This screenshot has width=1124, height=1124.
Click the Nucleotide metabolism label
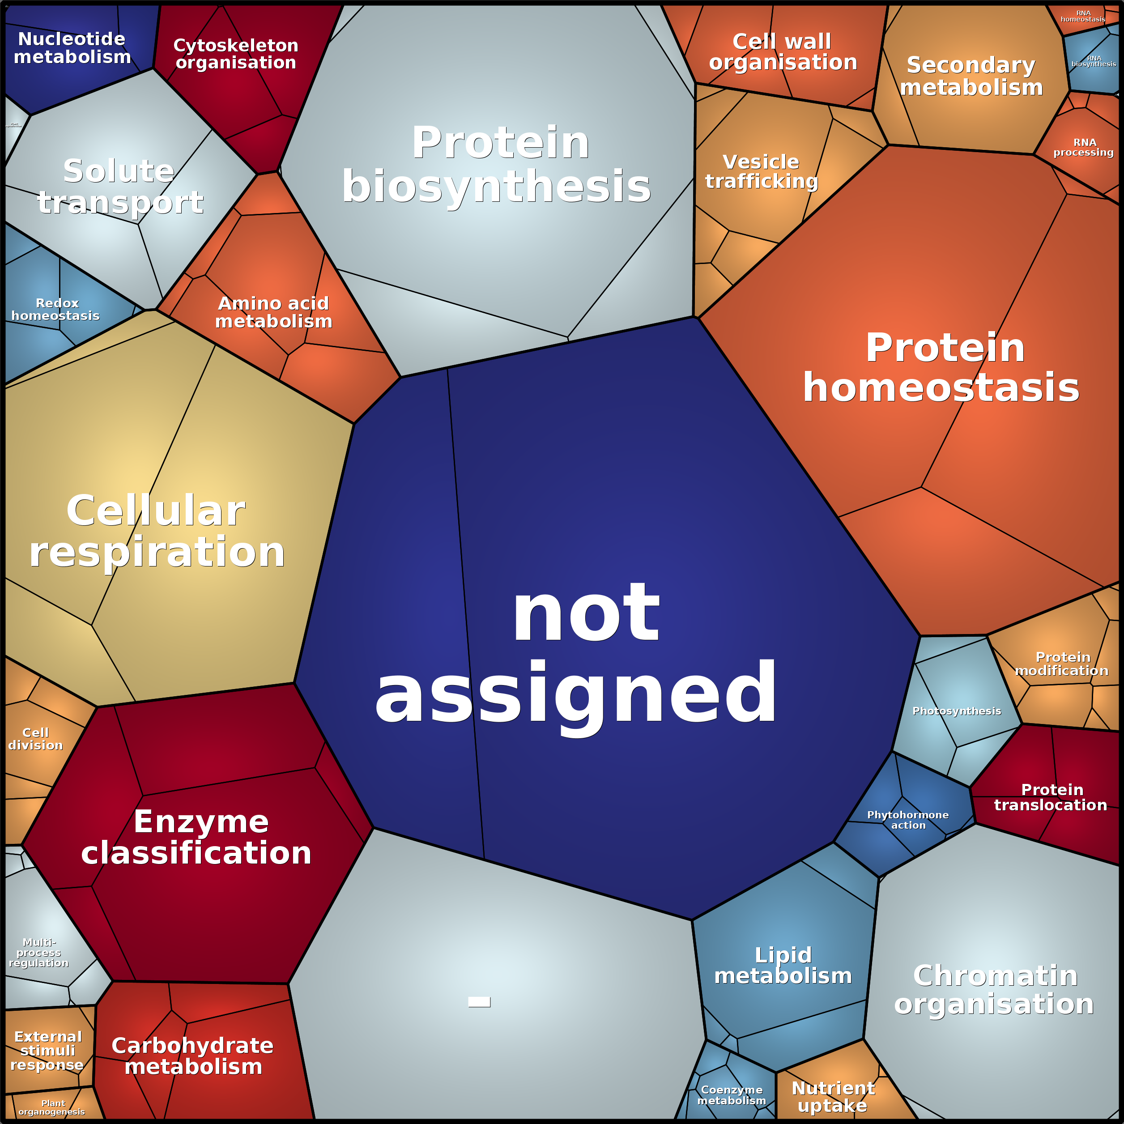pyautogui.click(x=72, y=48)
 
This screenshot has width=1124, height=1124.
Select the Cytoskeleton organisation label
pyautogui.click(x=236, y=54)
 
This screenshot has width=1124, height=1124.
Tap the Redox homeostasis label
pyautogui.click(x=56, y=310)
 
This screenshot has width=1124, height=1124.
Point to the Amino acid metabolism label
pyautogui.click(x=273, y=312)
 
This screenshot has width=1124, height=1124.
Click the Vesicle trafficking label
pyautogui.click(x=762, y=172)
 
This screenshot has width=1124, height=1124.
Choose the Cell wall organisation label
pyautogui.click(x=783, y=52)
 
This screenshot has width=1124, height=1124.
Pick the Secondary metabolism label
pyautogui.click(x=971, y=76)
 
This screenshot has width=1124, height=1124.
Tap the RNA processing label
pyautogui.click(x=1084, y=147)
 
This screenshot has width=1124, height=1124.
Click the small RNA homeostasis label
pyautogui.click(x=1083, y=16)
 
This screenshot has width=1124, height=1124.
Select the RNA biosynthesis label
pyautogui.click(x=1094, y=61)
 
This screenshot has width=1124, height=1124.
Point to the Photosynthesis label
pyautogui.click(x=957, y=711)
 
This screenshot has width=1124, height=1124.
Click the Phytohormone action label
pyautogui.click(x=907, y=820)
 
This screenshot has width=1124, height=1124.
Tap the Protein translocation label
pyautogui.click(x=1051, y=797)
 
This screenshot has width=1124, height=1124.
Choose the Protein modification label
pyautogui.click(x=1062, y=664)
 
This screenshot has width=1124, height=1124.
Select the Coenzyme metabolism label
pyautogui.click(x=731, y=1095)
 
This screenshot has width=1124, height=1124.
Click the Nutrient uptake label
pyautogui.click(x=833, y=1097)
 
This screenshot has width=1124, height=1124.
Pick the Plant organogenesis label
pyautogui.click(x=52, y=1108)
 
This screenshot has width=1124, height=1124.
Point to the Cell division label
pyautogui.click(x=35, y=739)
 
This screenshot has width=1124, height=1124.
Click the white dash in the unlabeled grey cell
pyautogui.click(x=479, y=1002)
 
